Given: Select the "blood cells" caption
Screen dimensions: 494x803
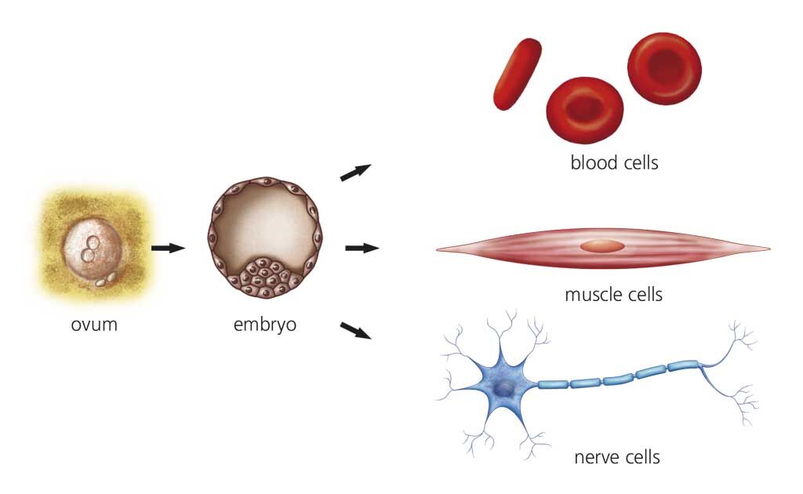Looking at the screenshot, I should [614, 163].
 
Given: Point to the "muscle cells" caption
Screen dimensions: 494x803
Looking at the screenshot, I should [613, 295].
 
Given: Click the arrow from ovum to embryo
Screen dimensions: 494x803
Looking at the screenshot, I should [167, 248].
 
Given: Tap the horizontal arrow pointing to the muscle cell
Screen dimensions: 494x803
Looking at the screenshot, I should [362, 248].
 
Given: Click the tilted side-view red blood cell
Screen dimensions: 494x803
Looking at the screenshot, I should [517, 74].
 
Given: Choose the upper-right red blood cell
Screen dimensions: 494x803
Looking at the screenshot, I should [665, 67].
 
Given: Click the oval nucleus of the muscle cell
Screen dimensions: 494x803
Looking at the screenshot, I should [602, 246].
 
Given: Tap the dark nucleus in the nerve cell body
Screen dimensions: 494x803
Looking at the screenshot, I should [505, 389].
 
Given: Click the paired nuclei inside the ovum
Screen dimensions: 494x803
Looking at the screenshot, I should [92, 249].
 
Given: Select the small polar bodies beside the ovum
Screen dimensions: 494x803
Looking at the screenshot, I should [105, 279].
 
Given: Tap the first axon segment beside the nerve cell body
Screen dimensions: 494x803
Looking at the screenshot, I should [553, 384].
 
